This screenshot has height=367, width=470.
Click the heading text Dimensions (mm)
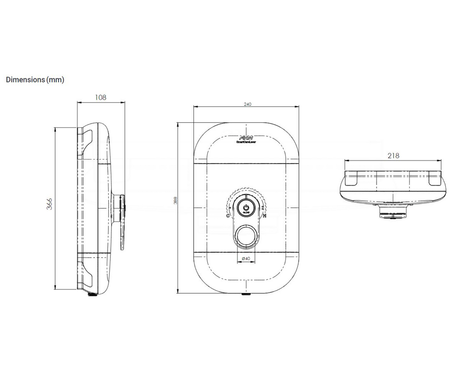[x=35, y=79]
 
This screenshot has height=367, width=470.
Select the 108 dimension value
[x=101, y=98]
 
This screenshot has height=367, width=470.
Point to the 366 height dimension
[x=50, y=204]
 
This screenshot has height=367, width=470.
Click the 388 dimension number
[x=175, y=201]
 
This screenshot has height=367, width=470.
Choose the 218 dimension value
[x=393, y=155]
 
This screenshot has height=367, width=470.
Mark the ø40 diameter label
[x=246, y=258]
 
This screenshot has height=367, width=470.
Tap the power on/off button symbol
[x=246, y=206]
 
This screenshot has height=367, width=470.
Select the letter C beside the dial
[x=228, y=215]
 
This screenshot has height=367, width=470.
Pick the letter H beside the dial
[x=264, y=215]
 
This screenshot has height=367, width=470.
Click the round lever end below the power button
[x=246, y=236]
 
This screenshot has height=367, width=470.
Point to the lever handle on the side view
[x=122, y=222]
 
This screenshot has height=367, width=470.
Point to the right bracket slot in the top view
[x=434, y=179]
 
